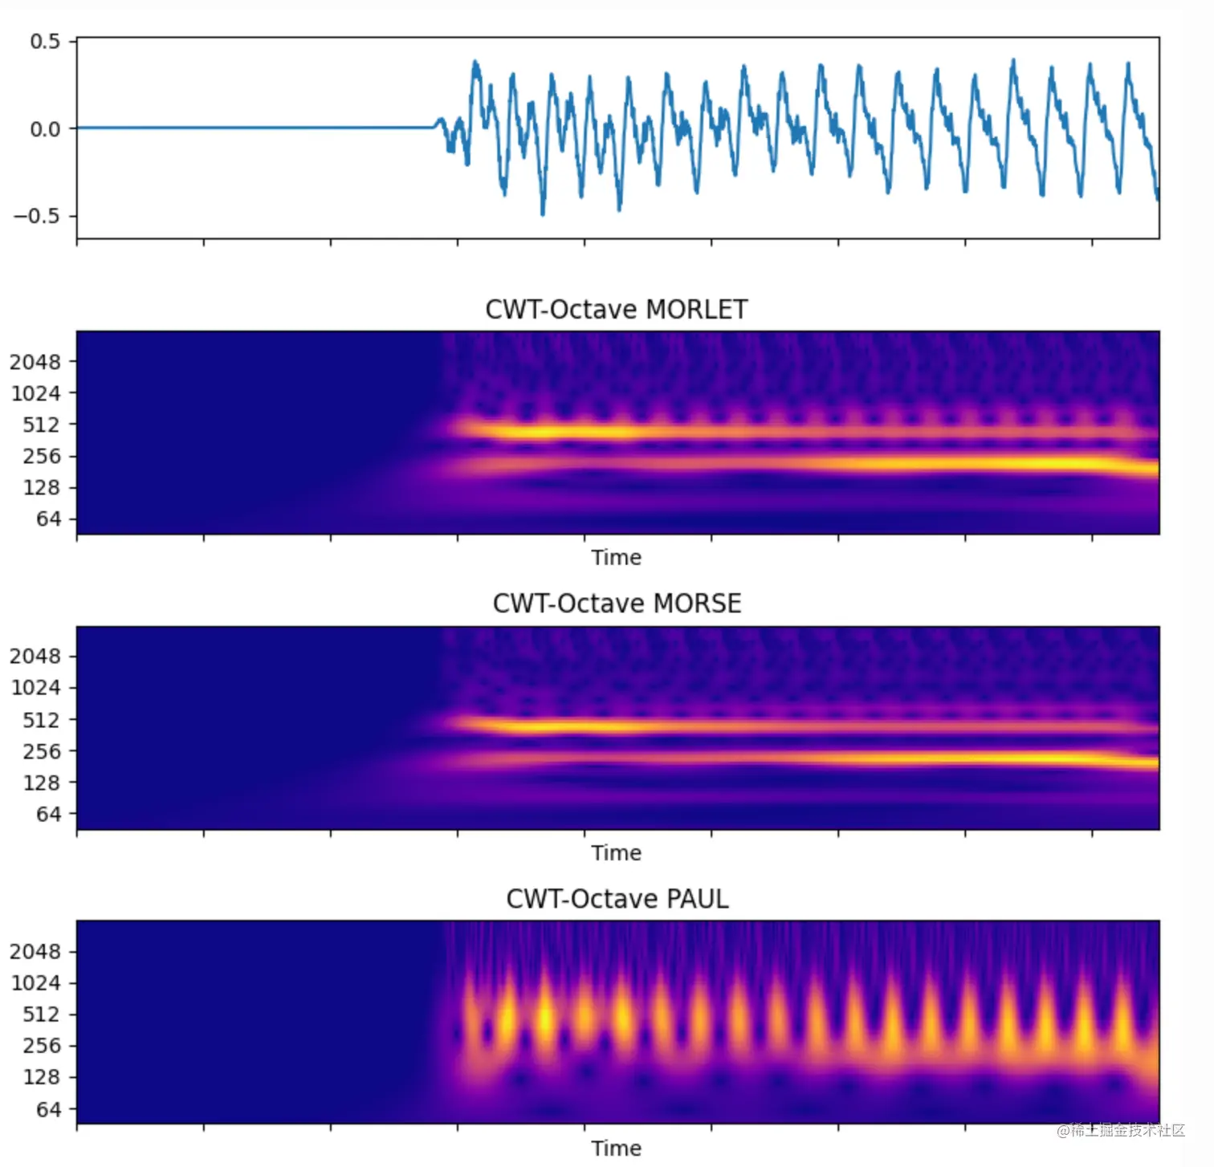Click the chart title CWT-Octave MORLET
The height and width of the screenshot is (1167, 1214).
click(616, 309)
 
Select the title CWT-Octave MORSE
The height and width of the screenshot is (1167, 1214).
click(616, 604)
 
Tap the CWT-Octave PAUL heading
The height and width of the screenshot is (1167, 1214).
click(617, 899)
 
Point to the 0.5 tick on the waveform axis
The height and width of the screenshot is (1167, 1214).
click(45, 42)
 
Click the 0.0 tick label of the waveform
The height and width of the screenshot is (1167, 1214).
click(45, 129)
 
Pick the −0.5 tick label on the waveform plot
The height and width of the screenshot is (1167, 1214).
click(37, 216)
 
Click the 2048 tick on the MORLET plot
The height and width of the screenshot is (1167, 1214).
click(35, 362)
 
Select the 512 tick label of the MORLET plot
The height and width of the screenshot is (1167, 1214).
click(42, 425)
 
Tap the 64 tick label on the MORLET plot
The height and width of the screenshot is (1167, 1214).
click(48, 519)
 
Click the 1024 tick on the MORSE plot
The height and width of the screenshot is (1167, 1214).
click(35, 688)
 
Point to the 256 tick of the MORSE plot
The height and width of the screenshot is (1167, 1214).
click(42, 751)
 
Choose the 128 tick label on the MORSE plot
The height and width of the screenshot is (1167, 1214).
click(42, 783)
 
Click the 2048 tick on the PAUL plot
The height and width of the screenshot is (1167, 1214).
click(35, 952)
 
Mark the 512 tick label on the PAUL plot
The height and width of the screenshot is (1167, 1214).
click(42, 1015)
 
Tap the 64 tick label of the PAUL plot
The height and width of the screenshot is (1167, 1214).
click(48, 1109)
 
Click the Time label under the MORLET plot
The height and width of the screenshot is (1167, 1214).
click(616, 558)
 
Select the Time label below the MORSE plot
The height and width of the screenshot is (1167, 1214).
click(616, 853)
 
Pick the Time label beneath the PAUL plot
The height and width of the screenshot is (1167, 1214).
click(616, 1149)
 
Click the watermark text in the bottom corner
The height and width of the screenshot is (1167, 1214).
click(1121, 1130)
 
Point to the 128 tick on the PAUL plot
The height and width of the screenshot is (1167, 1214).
click(42, 1077)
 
